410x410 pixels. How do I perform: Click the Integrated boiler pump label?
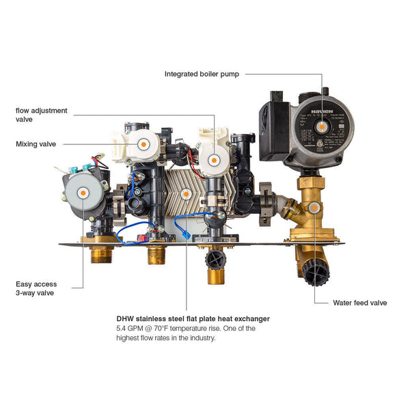pos(202,74)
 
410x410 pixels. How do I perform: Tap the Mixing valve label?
pos(36,144)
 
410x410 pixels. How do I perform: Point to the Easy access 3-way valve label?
pos(36,288)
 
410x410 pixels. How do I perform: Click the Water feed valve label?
pos(359,302)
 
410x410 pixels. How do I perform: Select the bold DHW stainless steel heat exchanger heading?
pos(193,318)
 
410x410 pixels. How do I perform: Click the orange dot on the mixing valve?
pos(143,144)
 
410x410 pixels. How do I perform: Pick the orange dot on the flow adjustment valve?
pos(214,159)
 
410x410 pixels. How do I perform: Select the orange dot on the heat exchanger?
pos(187,194)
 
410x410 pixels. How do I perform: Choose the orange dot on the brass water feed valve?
pos(314,209)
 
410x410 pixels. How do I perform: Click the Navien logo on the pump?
pos(315,107)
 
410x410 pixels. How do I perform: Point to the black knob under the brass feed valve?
pos(315,274)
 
